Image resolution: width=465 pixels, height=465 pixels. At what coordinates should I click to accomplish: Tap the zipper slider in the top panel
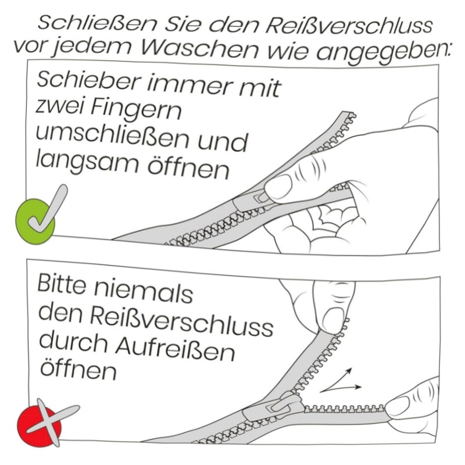coord(249,201)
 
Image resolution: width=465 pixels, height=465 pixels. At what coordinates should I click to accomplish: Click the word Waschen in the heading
coord(199,49)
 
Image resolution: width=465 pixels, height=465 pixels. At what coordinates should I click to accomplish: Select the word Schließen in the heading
coord(97,24)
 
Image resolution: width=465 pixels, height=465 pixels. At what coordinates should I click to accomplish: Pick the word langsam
coord(87,163)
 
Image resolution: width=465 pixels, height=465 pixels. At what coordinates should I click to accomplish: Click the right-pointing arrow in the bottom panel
coord(341,389)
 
